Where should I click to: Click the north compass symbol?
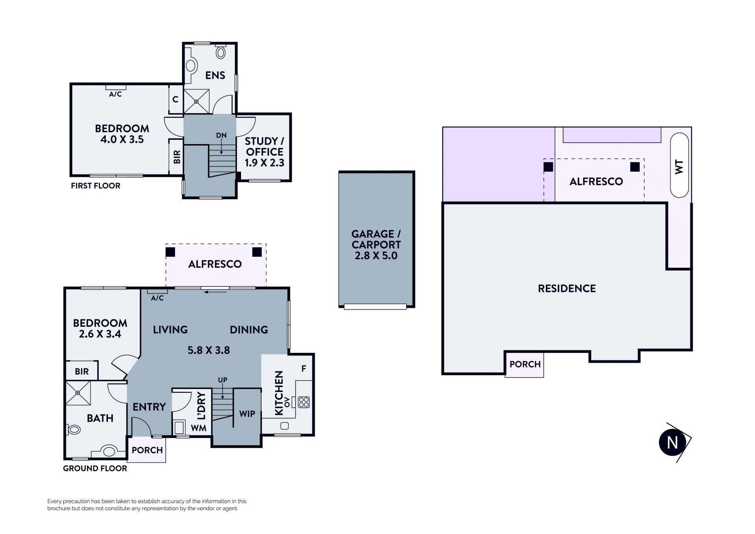(672, 442)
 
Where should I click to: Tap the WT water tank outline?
(679, 165)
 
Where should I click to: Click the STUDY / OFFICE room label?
(264, 146)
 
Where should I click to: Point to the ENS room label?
(215, 75)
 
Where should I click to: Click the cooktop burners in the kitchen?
(304, 402)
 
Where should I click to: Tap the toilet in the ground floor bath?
(73, 429)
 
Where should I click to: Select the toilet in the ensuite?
(221, 52)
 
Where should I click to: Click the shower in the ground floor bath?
(78, 393)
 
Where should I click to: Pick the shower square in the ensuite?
(196, 101)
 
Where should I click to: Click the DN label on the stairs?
(221, 135)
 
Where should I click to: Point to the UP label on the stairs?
(223, 380)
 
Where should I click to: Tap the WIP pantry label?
(247, 414)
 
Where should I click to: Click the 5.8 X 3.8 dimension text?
(209, 350)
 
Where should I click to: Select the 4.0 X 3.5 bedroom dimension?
(122, 139)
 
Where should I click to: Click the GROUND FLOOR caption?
(95, 468)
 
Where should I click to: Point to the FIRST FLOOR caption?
(96, 186)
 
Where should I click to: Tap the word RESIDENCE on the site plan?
(567, 289)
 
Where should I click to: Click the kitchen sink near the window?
(285, 426)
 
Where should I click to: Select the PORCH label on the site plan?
(525, 364)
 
